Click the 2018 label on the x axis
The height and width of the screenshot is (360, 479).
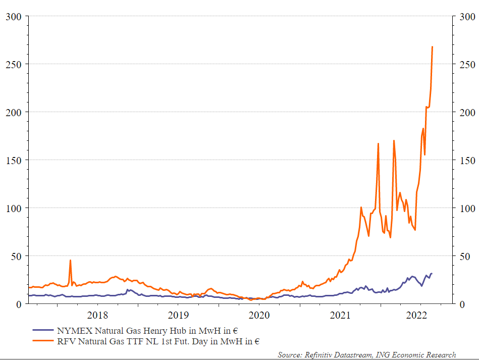click(x=98, y=316)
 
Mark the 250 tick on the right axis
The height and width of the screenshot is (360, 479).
click(x=467, y=65)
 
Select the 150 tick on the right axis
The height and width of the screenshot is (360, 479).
click(x=467, y=160)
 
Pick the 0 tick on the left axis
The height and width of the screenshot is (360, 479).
click(x=18, y=304)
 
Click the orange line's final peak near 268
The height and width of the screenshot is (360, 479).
click(x=432, y=47)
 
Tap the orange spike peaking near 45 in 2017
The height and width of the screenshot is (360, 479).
click(x=70, y=261)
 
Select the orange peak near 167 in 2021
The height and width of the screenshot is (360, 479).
click(x=378, y=144)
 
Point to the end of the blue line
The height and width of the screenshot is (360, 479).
click(x=432, y=273)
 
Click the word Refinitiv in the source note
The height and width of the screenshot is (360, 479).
click(x=321, y=355)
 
